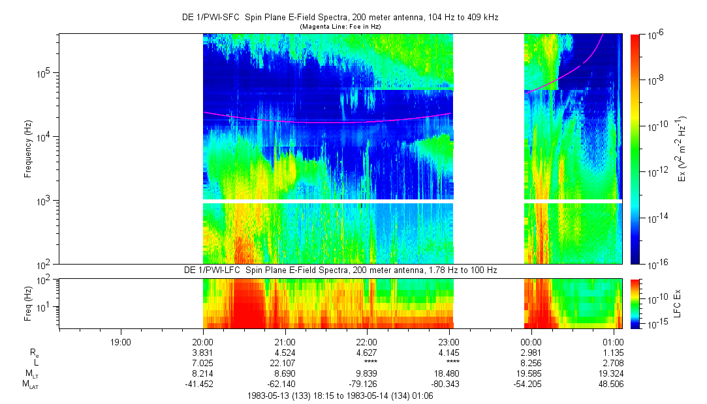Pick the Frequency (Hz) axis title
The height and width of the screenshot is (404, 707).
(x=28, y=149)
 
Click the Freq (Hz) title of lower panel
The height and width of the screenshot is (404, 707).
(x=28, y=304)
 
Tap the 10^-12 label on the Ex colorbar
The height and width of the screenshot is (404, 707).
(x=657, y=172)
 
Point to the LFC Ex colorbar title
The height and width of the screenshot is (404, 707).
(x=679, y=304)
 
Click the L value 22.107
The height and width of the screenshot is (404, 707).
(x=285, y=362)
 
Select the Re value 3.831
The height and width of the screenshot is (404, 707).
(x=203, y=352)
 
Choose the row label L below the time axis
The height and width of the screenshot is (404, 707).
(x=33, y=362)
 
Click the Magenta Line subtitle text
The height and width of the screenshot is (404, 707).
(x=340, y=27)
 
